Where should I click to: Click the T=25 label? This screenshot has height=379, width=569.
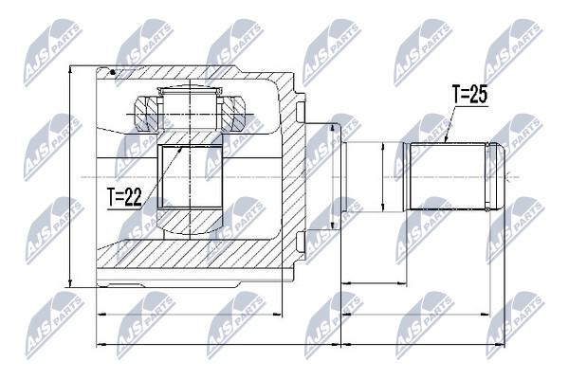[x=469, y=95]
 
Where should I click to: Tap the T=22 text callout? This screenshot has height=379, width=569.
[x=124, y=197]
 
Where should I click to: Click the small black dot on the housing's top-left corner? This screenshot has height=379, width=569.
[x=113, y=72]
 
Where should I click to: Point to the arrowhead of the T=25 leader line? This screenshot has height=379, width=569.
[x=447, y=138]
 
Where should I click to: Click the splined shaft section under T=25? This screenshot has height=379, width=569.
[x=448, y=176]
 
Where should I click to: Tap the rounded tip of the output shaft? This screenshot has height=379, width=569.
[x=500, y=176]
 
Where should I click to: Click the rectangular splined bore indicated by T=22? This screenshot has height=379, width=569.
[x=190, y=176]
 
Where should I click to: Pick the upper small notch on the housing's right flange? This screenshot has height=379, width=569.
[x=301, y=112]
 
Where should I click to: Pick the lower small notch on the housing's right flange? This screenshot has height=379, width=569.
[x=301, y=242]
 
